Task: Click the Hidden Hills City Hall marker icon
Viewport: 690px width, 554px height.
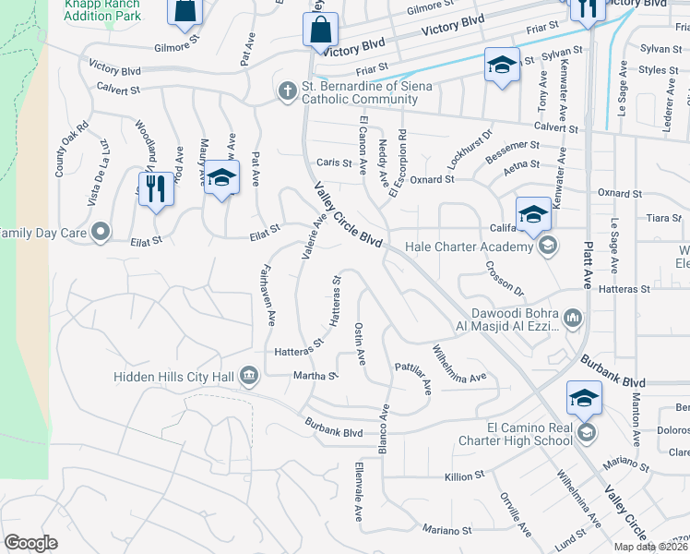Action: [249, 375]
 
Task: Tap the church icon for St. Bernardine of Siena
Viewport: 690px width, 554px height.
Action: [288, 90]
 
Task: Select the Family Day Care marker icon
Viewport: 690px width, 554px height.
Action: [101, 232]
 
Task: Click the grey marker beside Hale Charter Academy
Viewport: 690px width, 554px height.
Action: [548, 246]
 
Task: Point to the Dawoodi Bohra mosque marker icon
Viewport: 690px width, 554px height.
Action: [572, 319]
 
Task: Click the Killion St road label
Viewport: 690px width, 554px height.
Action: [464, 476]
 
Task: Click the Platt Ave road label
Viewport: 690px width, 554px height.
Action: [586, 255]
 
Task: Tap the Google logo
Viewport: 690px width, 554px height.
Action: [30, 542]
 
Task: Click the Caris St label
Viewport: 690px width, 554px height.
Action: [334, 163]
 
